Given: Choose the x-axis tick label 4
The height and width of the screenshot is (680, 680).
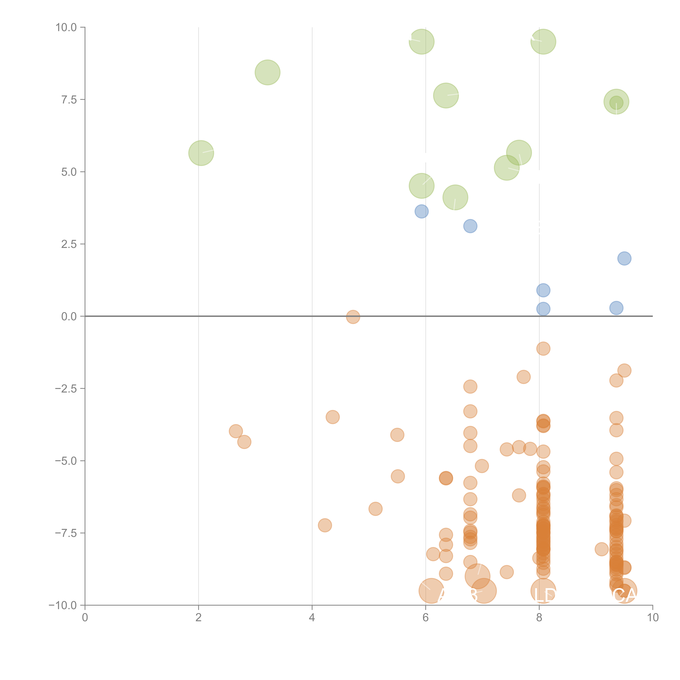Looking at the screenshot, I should [312, 618].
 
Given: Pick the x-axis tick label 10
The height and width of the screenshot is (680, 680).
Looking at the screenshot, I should [653, 618].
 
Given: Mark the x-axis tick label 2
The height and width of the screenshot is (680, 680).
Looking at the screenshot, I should [199, 618].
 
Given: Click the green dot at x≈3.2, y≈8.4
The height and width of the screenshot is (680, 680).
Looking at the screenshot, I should [268, 72].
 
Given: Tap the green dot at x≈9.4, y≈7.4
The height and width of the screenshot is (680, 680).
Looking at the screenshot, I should [616, 102].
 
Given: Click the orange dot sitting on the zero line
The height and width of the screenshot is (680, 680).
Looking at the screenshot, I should [353, 317].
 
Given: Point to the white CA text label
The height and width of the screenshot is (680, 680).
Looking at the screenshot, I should [624, 595].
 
